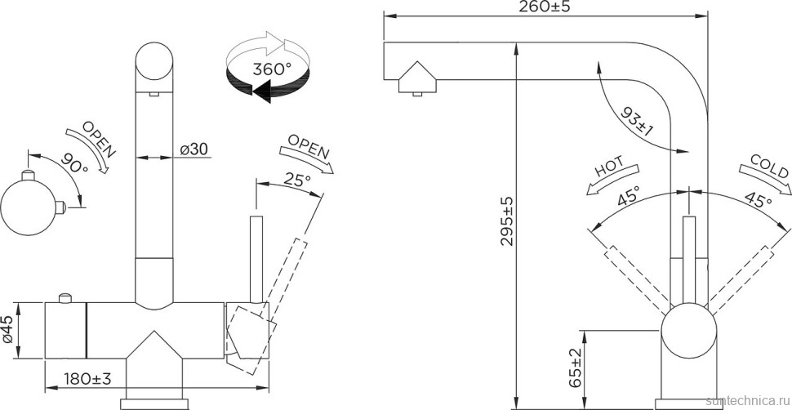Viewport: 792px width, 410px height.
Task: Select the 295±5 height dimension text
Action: coord(506,221)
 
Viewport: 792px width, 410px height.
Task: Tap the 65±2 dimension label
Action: coord(575,368)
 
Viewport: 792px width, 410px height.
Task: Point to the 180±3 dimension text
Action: coord(87,378)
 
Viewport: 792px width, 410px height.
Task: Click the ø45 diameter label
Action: coord(8,331)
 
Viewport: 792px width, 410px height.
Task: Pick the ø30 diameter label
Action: coord(194,149)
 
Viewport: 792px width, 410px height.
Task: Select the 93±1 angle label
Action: coord(636,122)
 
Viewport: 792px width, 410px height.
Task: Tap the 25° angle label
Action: coord(296,179)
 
